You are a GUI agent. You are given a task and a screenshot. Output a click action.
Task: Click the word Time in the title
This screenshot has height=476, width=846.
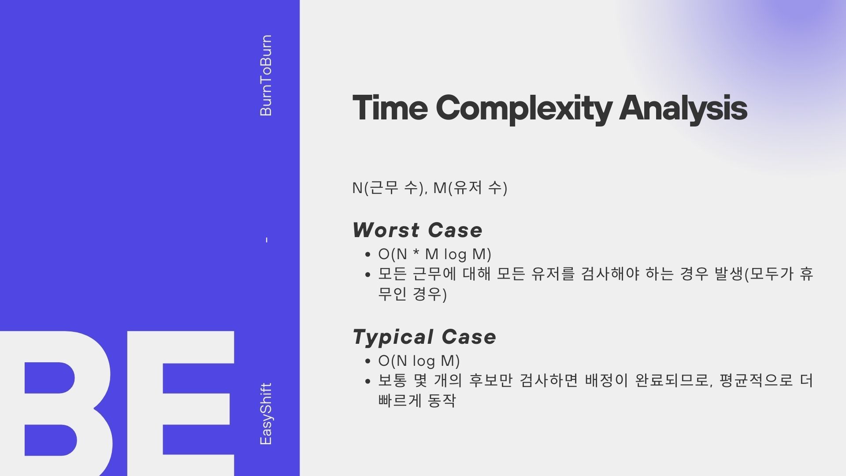point(390,107)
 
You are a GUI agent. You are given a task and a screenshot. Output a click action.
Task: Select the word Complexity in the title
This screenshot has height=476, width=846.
point(524,109)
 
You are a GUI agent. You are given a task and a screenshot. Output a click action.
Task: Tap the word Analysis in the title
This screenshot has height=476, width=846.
point(683,108)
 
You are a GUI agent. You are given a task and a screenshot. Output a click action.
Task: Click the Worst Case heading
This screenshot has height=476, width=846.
point(417,230)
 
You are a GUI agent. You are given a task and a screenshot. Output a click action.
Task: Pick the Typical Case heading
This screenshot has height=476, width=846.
point(424,337)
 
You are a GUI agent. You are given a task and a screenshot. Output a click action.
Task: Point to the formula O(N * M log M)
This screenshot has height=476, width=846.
point(434,254)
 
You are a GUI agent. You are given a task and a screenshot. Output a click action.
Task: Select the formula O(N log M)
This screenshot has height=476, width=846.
point(419,361)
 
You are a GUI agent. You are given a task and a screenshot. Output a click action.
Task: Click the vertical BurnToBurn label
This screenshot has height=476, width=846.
point(266,75)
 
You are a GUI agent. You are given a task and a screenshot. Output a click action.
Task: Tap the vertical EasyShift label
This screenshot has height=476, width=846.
point(266,414)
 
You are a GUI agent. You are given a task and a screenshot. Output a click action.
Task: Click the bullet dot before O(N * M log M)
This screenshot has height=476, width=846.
point(368,255)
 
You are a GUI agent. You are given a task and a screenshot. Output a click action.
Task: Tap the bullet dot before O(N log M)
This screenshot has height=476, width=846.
point(368,361)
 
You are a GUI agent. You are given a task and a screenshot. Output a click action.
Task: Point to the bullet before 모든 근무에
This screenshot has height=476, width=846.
point(368,275)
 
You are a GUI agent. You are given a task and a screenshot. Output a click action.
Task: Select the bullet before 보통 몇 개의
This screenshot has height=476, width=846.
point(368,381)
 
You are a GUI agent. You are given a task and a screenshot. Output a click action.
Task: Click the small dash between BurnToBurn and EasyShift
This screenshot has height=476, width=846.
point(267,240)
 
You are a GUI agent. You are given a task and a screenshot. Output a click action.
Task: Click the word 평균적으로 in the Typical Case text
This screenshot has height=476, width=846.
point(756,380)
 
